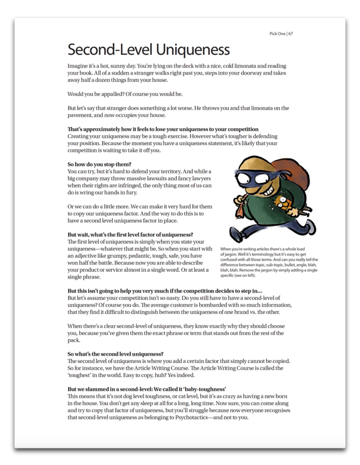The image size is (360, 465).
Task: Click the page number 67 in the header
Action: (291, 33)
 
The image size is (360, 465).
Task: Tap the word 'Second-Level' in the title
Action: (109, 49)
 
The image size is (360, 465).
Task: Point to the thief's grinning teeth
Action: (264, 186)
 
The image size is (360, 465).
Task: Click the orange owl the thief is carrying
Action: (284, 203)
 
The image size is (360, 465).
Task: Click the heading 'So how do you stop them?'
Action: (99, 164)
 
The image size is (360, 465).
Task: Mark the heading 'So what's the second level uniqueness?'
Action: (115, 354)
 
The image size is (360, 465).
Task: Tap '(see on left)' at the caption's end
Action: (246, 276)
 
